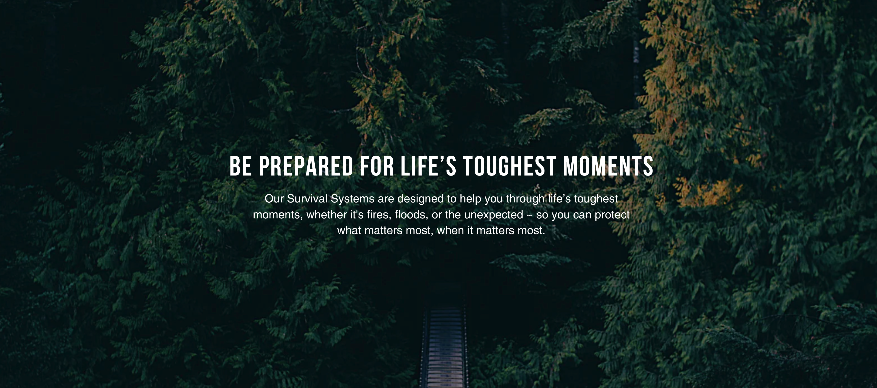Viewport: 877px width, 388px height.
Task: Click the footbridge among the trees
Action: click(444, 344)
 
